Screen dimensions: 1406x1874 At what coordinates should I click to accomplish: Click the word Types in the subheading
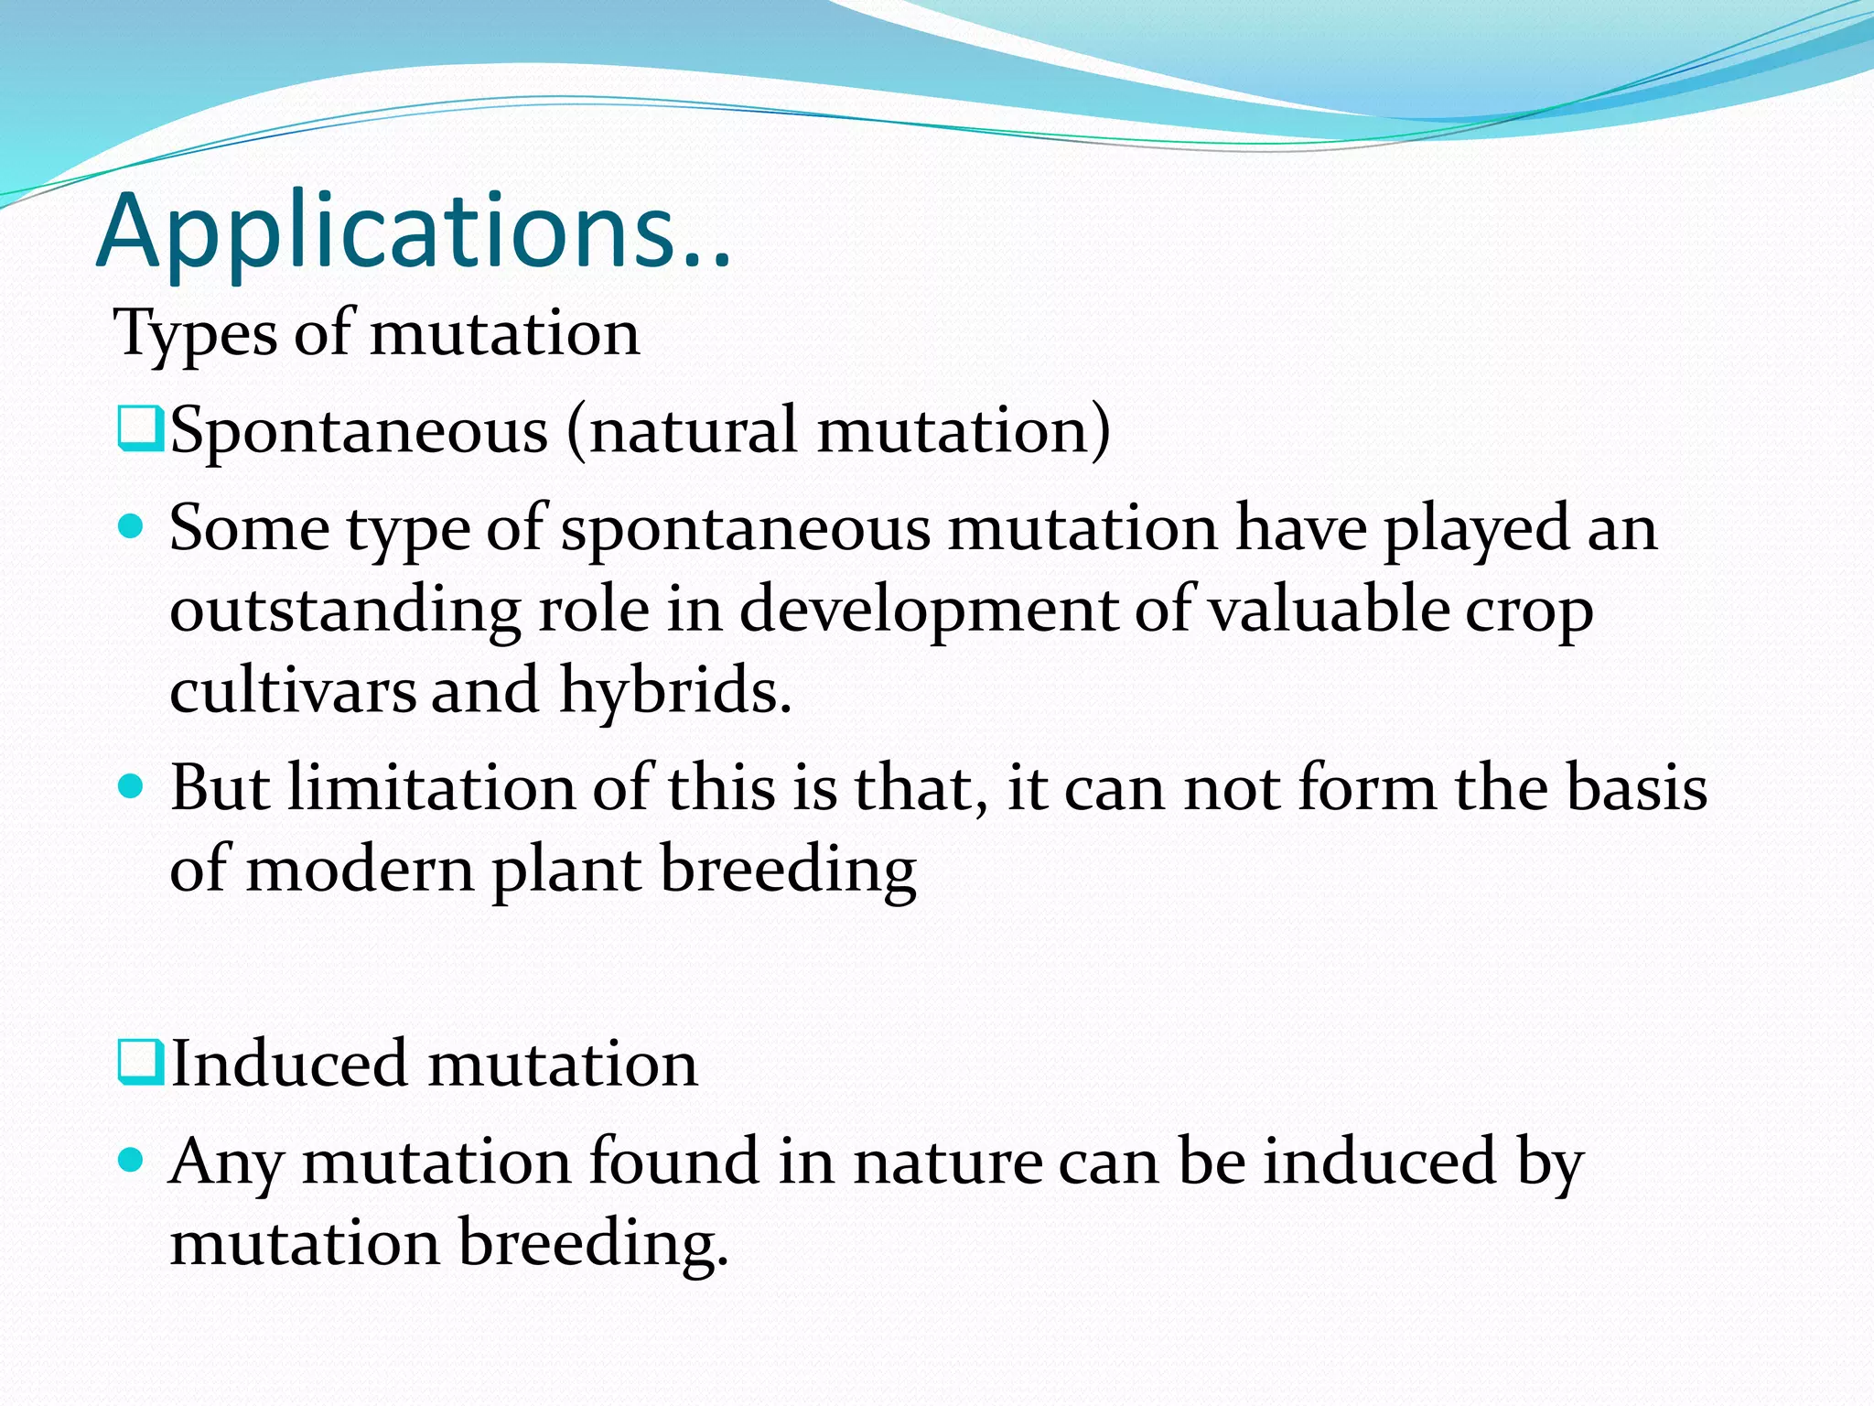(x=194, y=333)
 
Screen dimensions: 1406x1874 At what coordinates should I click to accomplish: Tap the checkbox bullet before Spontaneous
(x=140, y=429)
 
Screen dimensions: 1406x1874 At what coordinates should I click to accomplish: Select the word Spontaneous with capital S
(x=359, y=430)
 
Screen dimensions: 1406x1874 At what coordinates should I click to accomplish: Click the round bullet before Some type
(x=132, y=526)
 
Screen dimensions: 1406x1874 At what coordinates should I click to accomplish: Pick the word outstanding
(x=345, y=610)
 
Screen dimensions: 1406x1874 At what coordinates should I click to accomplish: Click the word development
(x=928, y=610)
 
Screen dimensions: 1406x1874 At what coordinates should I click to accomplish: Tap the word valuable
(x=1328, y=610)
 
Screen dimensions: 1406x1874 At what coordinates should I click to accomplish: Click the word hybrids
(x=674, y=690)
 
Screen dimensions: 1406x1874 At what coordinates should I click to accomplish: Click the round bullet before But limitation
(x=132, y=786)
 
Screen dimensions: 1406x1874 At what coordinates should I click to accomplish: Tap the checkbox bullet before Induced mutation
(x=140, y=1062)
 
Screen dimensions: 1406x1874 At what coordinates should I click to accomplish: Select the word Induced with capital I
(x=289, y=1064)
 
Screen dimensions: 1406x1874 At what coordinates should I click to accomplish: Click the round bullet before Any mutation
(x=132, y=1161)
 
